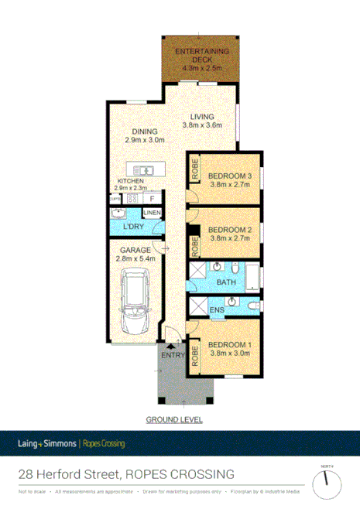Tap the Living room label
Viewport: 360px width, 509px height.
[x=201, y=118]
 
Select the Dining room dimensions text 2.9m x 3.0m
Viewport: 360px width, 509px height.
[x=145, y=141]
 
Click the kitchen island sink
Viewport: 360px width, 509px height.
[x=144, y=169]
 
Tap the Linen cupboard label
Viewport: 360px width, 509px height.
[x=151, y=213]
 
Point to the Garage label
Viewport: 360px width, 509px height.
[x=135, y=250]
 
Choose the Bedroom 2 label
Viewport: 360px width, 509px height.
[x=231, y=230]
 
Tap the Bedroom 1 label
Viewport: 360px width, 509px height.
[x=231, y=344]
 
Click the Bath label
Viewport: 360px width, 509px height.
[x=226, y=282]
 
